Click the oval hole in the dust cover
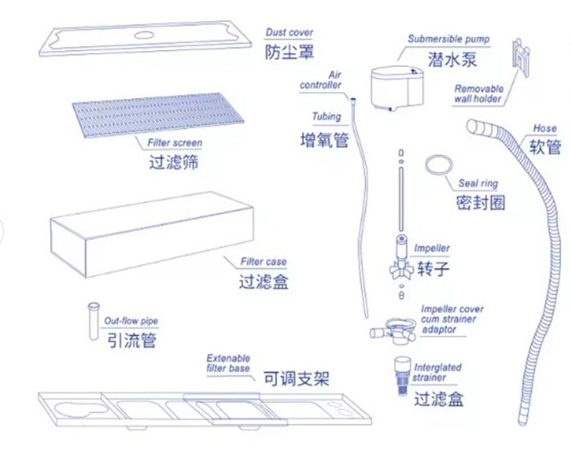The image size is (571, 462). pyautogui.click(x=144, y=35)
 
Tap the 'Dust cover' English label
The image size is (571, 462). pyautogui.click(x=289, y=33)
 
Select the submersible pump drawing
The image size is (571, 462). pyautogui.click(x=397, y=88)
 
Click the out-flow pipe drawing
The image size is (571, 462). pyautogui.click(x=94, y=321)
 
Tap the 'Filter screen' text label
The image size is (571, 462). pyautogui.click(x=175, y=143)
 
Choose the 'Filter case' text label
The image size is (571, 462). pyautogui.click(x=263, y=262)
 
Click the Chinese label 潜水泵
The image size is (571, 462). pyautogui.click(x=452, y=59)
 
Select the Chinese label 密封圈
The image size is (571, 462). pyautogui.click(x=480, y=202)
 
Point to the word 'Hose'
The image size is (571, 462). pyautogui.click(x=545, y=128)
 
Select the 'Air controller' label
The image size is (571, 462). pyautogui.click(x=320, y=80)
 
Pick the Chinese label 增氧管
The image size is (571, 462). pyautogui.click(x=324, y=140)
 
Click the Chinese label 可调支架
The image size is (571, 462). pyautogui.click(x=296, y=379)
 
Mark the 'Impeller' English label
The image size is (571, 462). pyautogui.click(x=432, y=248)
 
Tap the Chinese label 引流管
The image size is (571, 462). pyautogui.click(x=132, y=340)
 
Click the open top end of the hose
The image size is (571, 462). pyautogui.click(x=472, y=127)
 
